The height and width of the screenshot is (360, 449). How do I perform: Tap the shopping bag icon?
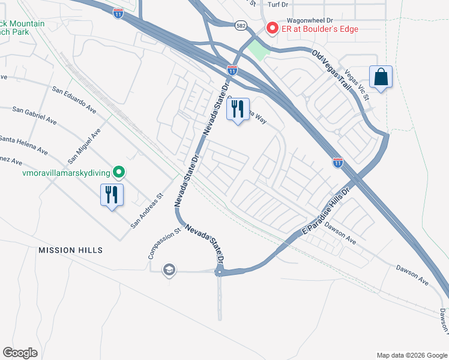[x=381, y=78]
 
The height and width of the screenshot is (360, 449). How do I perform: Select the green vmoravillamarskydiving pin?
[x=119, y=173]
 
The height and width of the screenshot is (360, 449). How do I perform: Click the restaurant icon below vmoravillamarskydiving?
[x=112, y=196]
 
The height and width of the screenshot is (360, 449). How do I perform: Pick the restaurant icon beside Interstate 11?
[x=238, y=110]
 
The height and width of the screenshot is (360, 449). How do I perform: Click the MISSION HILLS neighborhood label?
[x=71, y=250]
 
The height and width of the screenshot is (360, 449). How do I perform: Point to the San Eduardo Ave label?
[x=74, y=100]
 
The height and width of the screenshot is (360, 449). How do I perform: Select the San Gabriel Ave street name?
[x=35, y=116]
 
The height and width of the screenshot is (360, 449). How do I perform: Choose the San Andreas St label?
[x=148, y=210]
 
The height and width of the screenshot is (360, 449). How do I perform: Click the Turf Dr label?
[x=278, y=4]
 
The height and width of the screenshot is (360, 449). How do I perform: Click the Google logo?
[x=20, y=353]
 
